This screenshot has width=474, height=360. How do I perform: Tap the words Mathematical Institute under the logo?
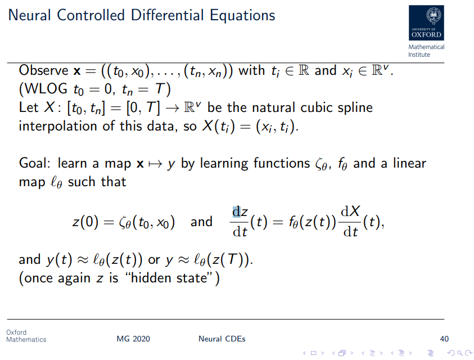426,51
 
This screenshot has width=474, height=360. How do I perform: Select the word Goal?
34,163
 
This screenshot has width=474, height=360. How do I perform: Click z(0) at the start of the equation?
84,222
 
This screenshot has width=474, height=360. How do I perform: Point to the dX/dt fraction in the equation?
351,222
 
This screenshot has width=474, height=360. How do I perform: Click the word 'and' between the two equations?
201,222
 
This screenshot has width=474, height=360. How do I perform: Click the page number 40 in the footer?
444,339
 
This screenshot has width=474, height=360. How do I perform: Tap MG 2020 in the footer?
133,339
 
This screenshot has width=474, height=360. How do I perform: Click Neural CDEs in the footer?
222,339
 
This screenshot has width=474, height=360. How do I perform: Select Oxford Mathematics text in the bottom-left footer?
26,336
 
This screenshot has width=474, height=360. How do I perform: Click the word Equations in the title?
242,15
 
